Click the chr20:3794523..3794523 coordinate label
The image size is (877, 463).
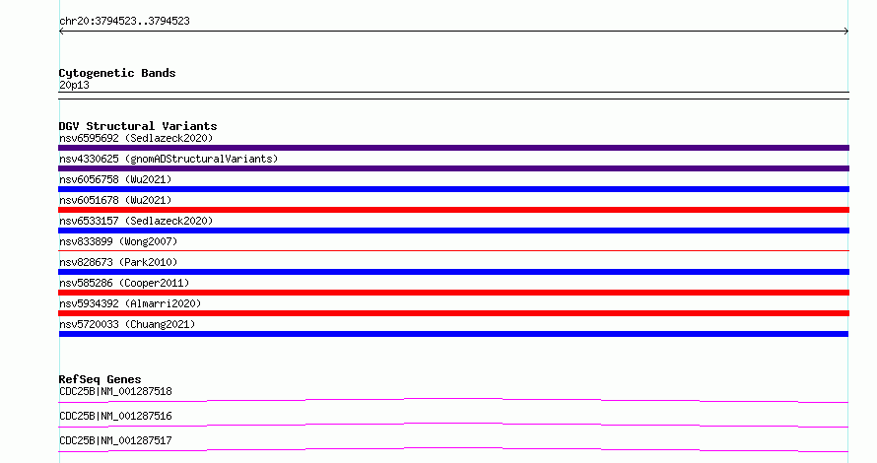124,22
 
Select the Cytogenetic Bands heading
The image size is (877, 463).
117,73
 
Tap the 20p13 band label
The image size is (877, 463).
74,85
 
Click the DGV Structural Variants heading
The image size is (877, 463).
138,126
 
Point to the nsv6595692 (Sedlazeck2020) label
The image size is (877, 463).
136,138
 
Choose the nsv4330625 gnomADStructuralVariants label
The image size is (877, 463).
169,159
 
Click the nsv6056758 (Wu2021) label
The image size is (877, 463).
115,179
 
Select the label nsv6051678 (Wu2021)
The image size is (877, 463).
115,200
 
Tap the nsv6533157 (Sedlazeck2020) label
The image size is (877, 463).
136,221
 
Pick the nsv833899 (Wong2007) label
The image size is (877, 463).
118,241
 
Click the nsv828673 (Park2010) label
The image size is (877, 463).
118,262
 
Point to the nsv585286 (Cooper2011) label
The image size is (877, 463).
124,283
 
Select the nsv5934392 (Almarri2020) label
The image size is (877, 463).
130,303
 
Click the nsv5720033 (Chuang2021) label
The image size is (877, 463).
127,324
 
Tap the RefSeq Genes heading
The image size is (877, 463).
100,379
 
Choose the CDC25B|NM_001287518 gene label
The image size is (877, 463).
115,391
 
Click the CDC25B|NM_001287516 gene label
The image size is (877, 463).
115,416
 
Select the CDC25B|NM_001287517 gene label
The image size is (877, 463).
115,440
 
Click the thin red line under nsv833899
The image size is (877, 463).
453,250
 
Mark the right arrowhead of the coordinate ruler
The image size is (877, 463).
846,32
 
